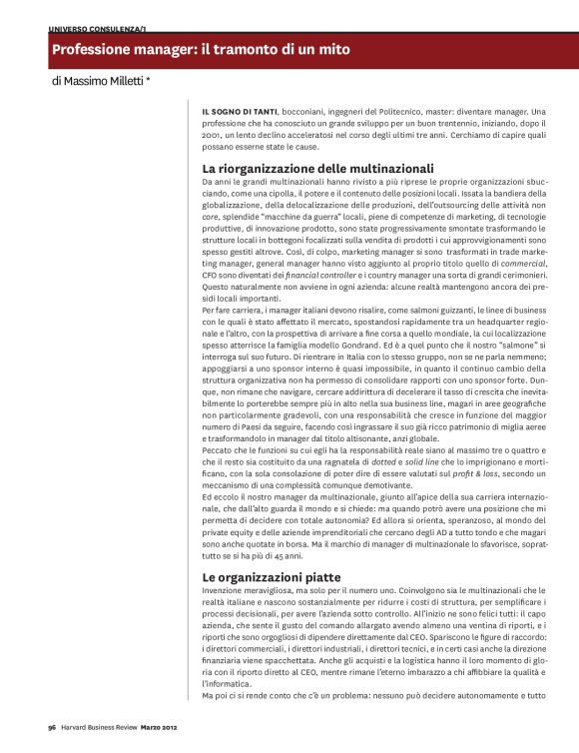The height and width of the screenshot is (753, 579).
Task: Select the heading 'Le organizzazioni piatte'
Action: coord(272,577)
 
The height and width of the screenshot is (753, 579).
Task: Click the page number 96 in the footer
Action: coord(51,727)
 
